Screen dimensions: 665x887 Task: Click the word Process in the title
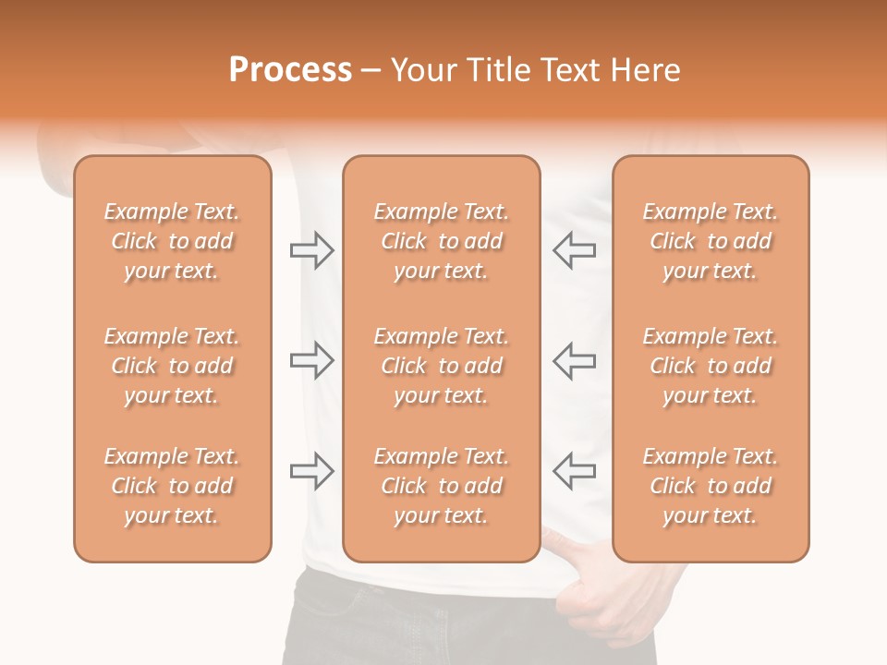pyautogui.click(x=290, y=70)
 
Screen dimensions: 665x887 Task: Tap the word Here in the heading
pyautogui.click(x=645, y=70)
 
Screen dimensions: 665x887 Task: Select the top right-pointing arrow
pyautogui.click(x=311, y=250)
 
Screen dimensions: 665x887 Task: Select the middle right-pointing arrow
pyautogui.click(x=311, y=360)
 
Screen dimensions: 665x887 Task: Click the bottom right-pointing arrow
pyautogui.click(x=311, y=471)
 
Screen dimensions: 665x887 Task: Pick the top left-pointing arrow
pyautogui.click(x=574, y=250)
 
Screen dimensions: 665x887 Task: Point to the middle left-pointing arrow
pyautogui.click(x=574, y=360)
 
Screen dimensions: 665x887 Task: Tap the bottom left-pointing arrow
pyautogui.click(x=574, y=471)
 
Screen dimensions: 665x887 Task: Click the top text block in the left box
pyautogui.click(x=172, y=241)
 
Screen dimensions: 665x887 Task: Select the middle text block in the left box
pyautogui.click(x=172, y=366)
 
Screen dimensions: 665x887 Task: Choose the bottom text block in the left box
pyautogui.click(x=172, y=486)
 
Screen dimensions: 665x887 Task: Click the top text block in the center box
pyautogui.click(x=442, y=241)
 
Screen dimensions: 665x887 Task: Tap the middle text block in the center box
pyautogui.click(x=442, y=366)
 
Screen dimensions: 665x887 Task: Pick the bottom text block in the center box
pyautogui.click(x=442, y=486)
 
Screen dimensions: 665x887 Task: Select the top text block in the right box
pyautogui.click(x=711, y=241)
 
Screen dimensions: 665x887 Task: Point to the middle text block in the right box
pyautogui.click(x=711, y=366)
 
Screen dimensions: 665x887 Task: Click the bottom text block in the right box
pyautogui.click(x=711, y=486)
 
